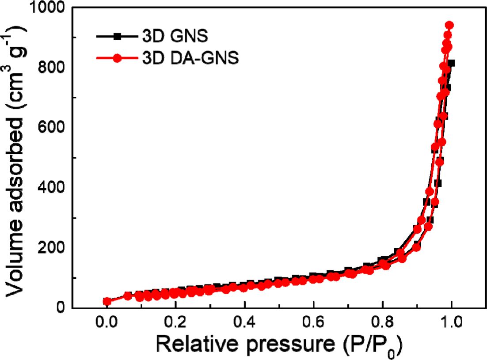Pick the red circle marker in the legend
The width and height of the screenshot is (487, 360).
[x=117, y=59]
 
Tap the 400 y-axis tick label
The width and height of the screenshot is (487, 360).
[x=52, y=188]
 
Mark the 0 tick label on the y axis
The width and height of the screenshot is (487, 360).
[x=61, y=307]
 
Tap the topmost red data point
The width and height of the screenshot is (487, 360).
[x=449, y=25]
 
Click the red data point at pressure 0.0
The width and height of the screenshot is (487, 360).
[x=107, y=302]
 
